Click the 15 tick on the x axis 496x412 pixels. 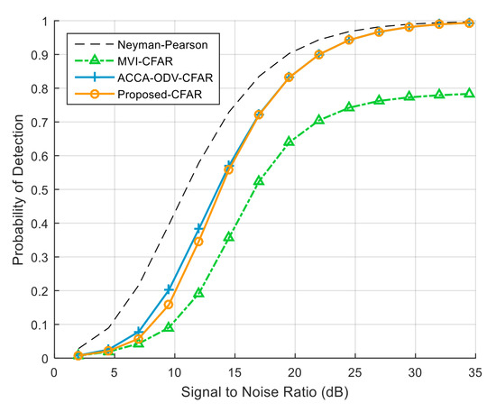click(x=234, y=371)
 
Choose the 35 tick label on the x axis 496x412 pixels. click(x=475, y=371)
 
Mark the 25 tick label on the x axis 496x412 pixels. click(x=355, y=371)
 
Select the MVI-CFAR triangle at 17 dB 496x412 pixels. click(x=259, y=181)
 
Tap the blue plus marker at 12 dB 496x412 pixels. click(x=198, y=228)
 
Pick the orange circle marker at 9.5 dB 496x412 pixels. click(x=169, y=305)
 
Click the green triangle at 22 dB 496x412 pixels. click(x=319, y=120)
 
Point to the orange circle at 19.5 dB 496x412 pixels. click(x=289, y=78)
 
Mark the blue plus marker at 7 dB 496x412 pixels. click(x=138, y=332)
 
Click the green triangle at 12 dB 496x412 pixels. click(x=198, y=293)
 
